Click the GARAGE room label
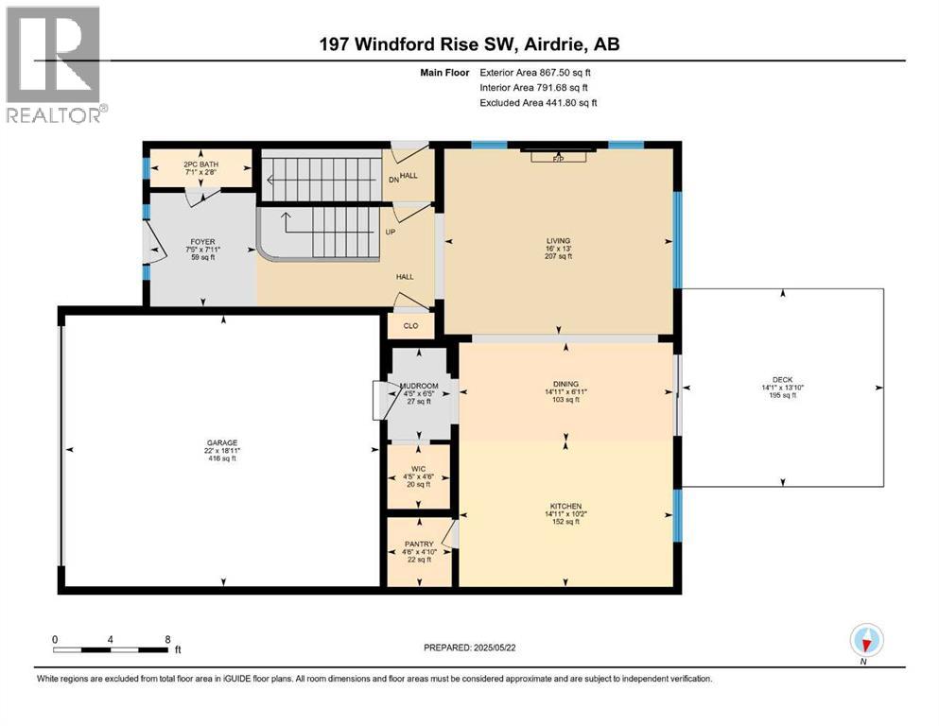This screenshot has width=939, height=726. (222, 441)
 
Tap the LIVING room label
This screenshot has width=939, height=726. (564, 241)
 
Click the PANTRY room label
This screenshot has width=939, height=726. (419, 544)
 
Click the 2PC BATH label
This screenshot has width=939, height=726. (199, 164)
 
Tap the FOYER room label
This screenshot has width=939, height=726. (200, 240)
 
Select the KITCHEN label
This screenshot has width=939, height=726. (564, 507)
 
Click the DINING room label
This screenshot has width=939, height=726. (564, 384)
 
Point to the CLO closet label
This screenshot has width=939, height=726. (410, 326)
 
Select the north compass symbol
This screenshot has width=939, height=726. (867, 641)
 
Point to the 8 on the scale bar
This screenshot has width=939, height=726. (166, 639)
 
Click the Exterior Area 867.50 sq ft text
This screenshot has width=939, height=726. (536, 72)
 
